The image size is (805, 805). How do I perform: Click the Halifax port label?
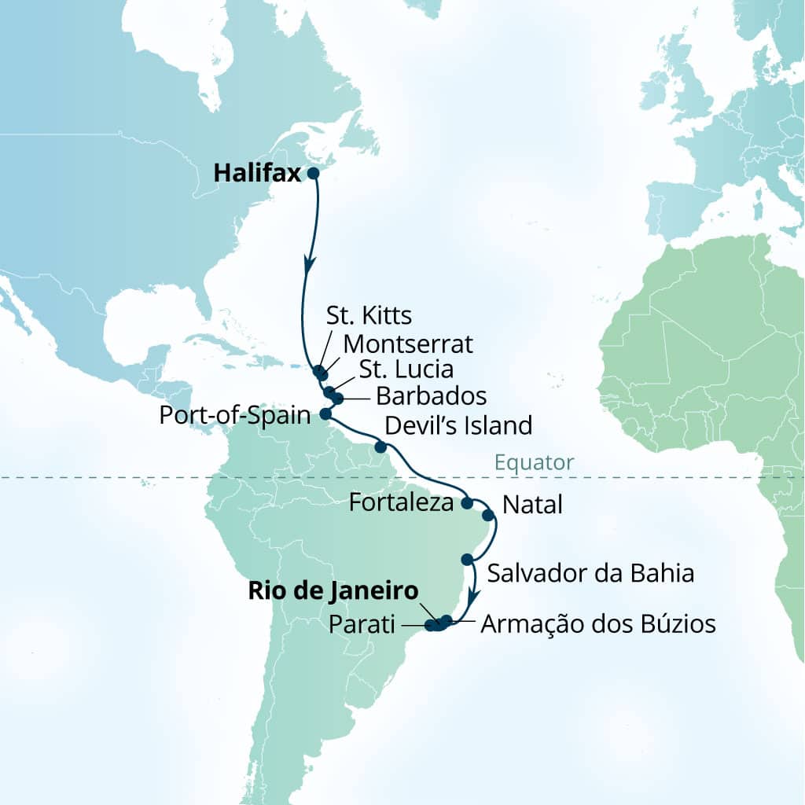258,174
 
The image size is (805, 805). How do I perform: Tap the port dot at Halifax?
312,174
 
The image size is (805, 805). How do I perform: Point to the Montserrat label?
408,344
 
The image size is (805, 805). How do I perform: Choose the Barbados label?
431,395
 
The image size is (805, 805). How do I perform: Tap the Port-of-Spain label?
235,415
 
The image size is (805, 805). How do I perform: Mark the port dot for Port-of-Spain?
326,414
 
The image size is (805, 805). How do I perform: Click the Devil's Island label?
458,425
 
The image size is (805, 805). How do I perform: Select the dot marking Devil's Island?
380,447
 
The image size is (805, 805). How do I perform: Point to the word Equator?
535,462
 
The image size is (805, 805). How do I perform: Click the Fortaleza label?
401,502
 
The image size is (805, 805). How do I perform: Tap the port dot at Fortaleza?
466,502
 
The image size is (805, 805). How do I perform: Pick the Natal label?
531,505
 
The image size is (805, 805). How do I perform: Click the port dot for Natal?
487,516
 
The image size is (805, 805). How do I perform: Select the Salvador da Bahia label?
590,573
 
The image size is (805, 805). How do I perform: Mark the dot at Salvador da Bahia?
468,560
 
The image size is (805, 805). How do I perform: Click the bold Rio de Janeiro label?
333,590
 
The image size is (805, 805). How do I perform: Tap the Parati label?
363,625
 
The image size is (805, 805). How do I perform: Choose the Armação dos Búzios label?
597,624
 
